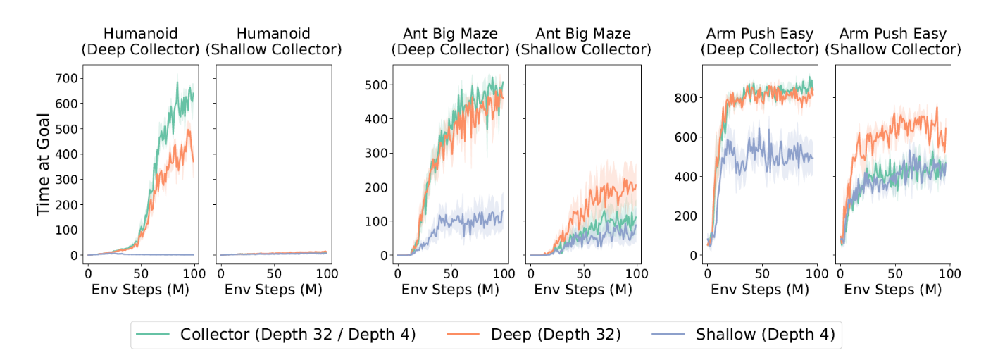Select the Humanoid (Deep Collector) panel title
139,42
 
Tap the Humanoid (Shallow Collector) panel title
273,42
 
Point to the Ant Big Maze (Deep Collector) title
450,42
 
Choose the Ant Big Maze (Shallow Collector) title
583,42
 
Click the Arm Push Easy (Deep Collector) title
759,42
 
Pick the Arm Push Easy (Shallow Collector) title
893,42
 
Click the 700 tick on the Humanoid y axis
67,77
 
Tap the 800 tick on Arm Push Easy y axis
687,98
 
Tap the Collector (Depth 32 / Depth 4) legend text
299,335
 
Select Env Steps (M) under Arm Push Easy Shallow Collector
893,290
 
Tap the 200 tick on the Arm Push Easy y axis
687,216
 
